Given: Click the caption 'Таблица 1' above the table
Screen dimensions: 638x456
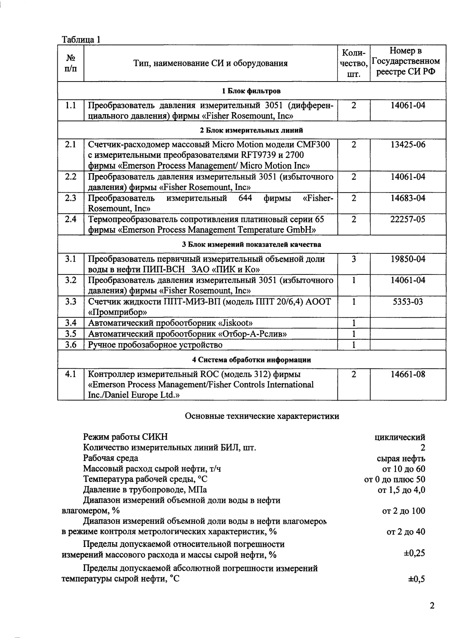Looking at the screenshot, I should point(81,40).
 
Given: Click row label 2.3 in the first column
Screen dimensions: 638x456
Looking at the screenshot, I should point(70,198).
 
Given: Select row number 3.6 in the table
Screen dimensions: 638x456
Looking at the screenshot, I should point(70,344).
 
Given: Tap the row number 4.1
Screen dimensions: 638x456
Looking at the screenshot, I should point(70,374).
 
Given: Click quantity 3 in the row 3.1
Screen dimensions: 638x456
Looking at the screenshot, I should point(353,259).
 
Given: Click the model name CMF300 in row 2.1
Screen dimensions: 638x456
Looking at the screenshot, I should point(314,144).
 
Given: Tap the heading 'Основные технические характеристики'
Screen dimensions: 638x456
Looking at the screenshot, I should point(262,416).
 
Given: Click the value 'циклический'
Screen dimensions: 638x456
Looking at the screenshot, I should point(400,437).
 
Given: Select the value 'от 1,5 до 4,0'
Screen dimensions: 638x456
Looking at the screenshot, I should point(401,490).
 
